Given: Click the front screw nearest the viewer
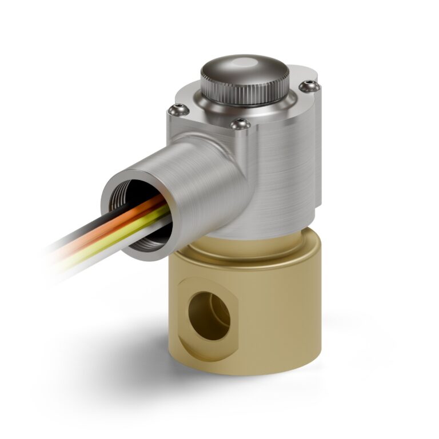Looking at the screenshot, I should pyautogui.click(x=240, y=122).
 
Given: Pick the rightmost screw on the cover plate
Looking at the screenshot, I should pyautogui.click(x=310, y=86).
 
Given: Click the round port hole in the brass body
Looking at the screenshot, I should pyautogui.click(x=209, y=314).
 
